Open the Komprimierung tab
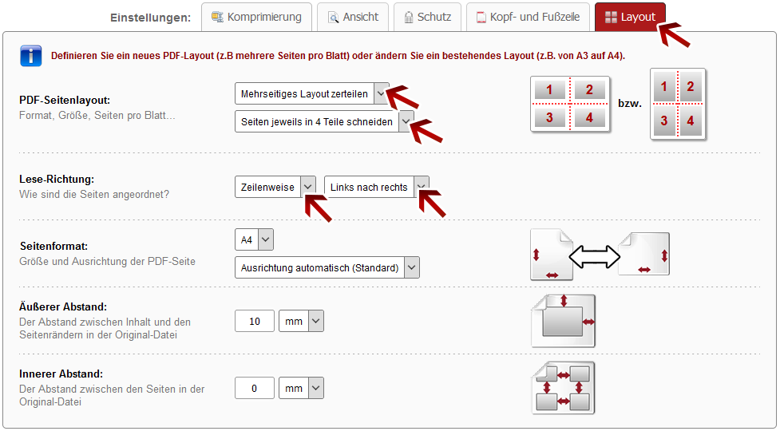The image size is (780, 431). click(256, 17)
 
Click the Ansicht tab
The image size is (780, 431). click(353, 17)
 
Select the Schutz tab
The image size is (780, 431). click(427, 17)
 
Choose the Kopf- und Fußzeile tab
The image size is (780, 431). click(528, 17)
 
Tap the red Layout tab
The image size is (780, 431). click(630, 17)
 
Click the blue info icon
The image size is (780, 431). click(31, 56)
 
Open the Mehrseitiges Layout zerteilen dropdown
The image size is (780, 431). click(312, 93)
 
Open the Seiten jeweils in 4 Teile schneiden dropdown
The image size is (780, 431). click(324, 121)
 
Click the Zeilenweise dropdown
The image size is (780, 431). click(275, 187)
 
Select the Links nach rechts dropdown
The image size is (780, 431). click(377, 187)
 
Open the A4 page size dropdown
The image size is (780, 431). click(254, 239)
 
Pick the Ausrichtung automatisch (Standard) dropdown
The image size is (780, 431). click(327, 267)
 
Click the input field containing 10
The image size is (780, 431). click(255, 321)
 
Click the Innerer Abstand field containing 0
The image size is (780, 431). click(255, 388)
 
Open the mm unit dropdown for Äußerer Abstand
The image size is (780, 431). click(302, 321)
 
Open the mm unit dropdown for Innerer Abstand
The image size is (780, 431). click(302, 388)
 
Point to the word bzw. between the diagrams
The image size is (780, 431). click(630, 104)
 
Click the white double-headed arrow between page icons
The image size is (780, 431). click(595, 256)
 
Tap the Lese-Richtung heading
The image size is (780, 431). click(57, 179)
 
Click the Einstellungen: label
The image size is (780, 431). click(151, 18)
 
